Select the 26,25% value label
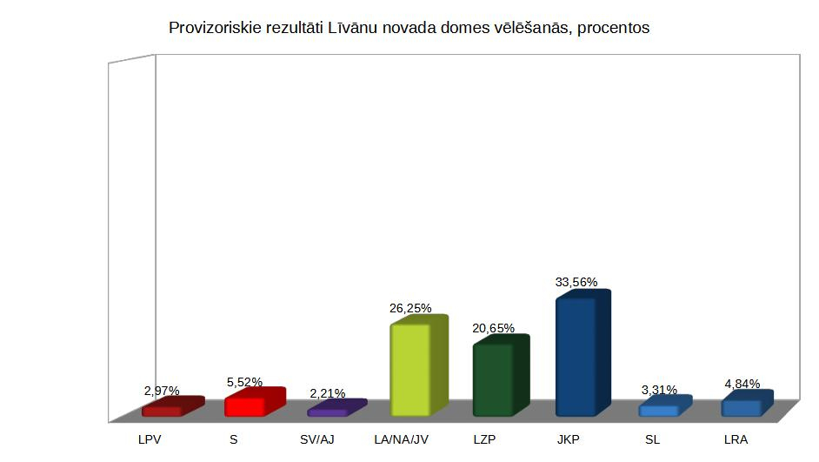[x=410, y=308]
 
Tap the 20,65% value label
[x=493, y=328]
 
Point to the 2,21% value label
[x=328, y=393]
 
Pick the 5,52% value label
[x=244, y=382]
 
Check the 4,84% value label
[x=742, y=384]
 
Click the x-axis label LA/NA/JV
[x=401, y=439]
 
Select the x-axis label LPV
[x=150, y=439]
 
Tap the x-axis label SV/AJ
[x=316, y=439]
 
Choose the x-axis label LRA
[x=736, y=439]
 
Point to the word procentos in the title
[x=614, y=28]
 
